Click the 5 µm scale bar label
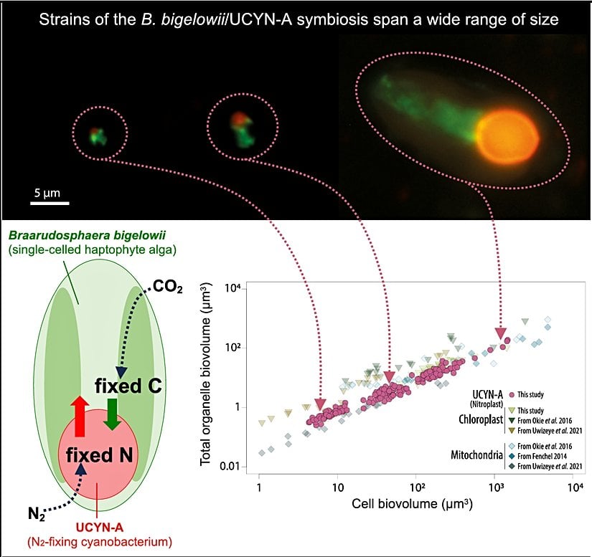pos(50,193)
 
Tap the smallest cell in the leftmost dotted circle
pos(97,134)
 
